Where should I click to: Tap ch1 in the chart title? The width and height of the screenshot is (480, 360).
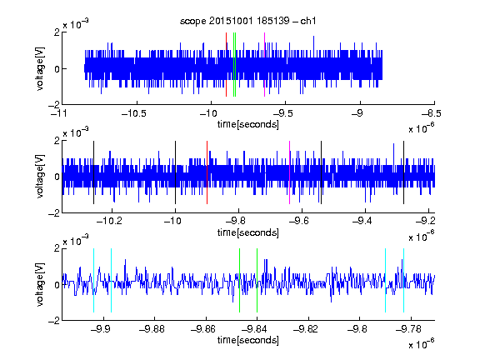tap(308, 21)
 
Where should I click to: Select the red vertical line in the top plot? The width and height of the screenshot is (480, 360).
tap(226, 65)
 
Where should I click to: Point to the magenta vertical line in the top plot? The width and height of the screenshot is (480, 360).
tap(264, 65)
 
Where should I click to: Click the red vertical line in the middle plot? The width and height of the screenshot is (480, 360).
tap(207, 172)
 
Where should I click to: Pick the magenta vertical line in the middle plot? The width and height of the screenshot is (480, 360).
tap(290, 172)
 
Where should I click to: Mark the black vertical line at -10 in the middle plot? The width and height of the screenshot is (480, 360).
tap(175, 172)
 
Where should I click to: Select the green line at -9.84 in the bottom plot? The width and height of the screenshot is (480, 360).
tap(257, 280)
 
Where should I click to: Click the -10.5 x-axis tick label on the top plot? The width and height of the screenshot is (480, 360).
tap(134, 113)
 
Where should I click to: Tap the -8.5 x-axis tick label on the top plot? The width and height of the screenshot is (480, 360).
tap(431, 113)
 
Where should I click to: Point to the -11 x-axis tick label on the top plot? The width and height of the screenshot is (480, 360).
tap(58, 113)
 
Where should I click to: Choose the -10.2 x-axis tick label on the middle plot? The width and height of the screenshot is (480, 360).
tap(109, 221)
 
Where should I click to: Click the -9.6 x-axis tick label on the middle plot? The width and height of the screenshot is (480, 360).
tap(299, 221)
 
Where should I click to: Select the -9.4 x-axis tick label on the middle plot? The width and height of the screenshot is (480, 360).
tap(362, 221)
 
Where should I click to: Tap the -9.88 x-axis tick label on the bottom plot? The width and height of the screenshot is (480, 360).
tap(152, 329)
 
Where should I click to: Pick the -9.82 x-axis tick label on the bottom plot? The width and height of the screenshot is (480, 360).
tap(305, 329)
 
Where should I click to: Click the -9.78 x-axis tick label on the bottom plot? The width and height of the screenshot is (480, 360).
tap(408, 329)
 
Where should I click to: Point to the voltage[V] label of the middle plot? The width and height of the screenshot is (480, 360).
tap(40, 176)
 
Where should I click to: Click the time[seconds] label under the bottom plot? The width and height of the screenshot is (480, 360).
tap(248, 340)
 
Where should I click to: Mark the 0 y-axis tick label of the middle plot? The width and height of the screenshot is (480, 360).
tap(57, 177)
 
